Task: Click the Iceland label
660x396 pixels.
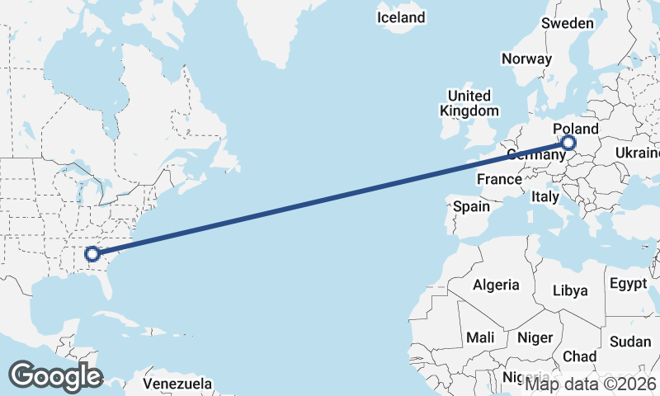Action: pyautogui.click(x=401, y=17)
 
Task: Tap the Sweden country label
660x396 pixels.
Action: pyautogui.click(x=567, y=23)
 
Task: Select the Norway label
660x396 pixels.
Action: pyautogui.click(x=526, y=59)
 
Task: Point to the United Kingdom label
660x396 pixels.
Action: pyautogui.click(x=469, y=103)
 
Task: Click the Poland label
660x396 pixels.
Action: pyautogui.click(x=576, y=130)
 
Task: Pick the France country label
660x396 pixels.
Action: pyautogui.click(x=499, y=179)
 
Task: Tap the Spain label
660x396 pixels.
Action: pyautogui.click(x=471, y=206)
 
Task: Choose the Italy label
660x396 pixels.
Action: pyautogui.click(x=544, y=197)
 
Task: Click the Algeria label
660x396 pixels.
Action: pyautogui.click(x=496, y=285)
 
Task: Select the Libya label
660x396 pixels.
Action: pyautogui.click(x=570, y=290)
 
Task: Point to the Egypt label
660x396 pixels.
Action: pyautogui.click(x=629, y=284)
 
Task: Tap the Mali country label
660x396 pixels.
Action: pyautogui.click(x=480, y=337)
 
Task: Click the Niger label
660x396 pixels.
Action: pyautogui.click(x=534, y=337)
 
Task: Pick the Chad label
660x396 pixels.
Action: pyautogui.click(x=579, y=356)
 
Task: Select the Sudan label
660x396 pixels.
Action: pyautogui.click(x=630, y=342)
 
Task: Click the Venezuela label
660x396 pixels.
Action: pyautogui.click(x=177, y=384)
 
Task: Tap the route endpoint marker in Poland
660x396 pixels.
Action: pyautogui.click(x=569, y=144)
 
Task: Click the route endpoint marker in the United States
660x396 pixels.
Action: pyautogui.click(x=92, y=254)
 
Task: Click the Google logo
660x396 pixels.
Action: pyautogui.click(x=55, y=376)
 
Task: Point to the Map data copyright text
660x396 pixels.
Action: pyautogui.click(x=591, y=383)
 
